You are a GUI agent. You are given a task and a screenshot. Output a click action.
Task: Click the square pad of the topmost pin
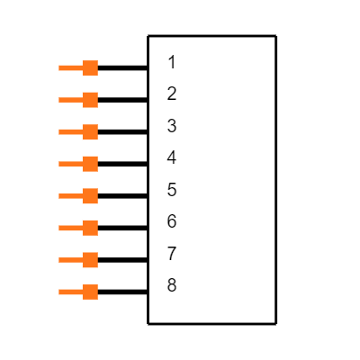click(x=90, y=67)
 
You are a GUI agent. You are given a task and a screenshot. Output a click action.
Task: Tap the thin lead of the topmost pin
click(x=70, y=67)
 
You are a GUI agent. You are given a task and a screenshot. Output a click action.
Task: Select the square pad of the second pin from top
click(x=90, y=100)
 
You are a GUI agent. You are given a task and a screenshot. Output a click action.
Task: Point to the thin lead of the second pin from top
click(x=70, y=100)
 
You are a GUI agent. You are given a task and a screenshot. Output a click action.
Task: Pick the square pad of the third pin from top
click(x=90, y=132)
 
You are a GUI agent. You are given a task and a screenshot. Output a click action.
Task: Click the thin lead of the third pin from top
click(x=70, y=132)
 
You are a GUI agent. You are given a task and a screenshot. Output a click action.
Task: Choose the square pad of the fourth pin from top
click(x=90, y=164)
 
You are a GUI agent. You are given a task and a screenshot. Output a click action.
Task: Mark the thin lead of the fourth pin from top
click(x=70, y=164)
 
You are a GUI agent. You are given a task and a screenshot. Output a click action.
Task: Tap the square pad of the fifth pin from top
click(x=90, y=196)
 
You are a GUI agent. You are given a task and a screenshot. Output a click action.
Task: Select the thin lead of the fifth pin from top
click(x=70, y=196)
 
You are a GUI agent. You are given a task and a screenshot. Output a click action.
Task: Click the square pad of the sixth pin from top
click(x=90, y=228)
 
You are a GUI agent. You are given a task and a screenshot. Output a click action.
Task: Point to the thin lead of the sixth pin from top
click(x=70, y=228)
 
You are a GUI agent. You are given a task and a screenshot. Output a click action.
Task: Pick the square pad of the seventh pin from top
click(x=90, y=260)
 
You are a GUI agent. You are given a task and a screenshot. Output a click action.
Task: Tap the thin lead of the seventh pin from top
click(x=70, y=260)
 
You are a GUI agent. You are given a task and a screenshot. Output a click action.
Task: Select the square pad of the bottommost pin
click(x=90, y=292)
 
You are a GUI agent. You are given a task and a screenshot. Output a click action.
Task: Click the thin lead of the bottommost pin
click(x=70, y=292)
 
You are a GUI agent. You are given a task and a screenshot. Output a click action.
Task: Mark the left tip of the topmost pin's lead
click(x=59, y=67)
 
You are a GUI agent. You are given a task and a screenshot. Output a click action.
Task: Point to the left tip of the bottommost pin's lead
click(x=59, y=292)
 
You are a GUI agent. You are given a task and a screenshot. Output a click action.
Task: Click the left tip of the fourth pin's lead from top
click(x=59, y=164)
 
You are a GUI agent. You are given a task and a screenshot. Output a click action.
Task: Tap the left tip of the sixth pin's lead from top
click(x=59, y=228)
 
